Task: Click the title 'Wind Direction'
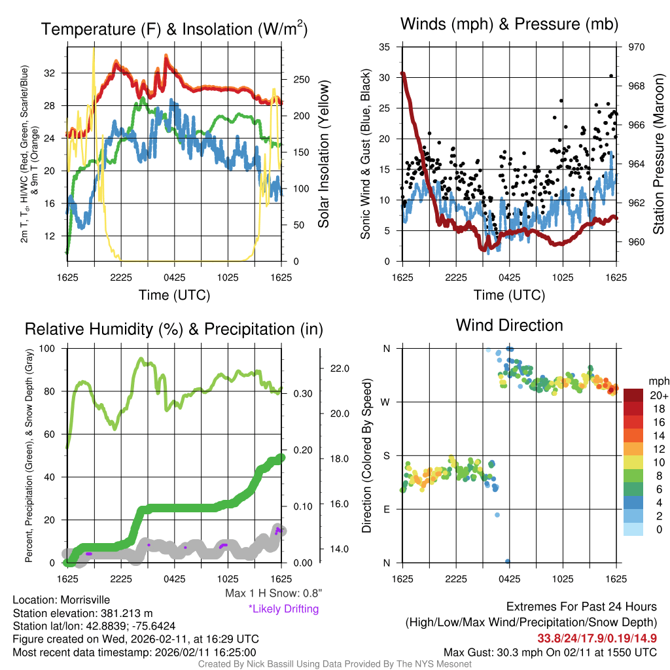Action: tap(509, 325)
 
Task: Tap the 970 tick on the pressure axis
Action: tap(637, 47)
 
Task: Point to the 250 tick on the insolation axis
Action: tap(300, 80)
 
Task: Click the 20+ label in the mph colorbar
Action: tap(659, 395)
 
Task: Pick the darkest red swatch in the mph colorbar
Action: tap(633, 395)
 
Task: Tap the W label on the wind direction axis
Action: tap(386, 402)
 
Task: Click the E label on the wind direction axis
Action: tap(387, 508)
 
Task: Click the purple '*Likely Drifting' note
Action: tap(283, 609)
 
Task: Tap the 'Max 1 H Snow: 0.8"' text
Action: tap(273, 593)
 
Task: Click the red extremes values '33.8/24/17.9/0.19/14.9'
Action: tap(597, 638)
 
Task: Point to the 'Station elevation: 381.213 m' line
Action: tap(82, 613)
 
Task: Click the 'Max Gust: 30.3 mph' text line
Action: tap(550, 652)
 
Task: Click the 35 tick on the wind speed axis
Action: tap(385, 47)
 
